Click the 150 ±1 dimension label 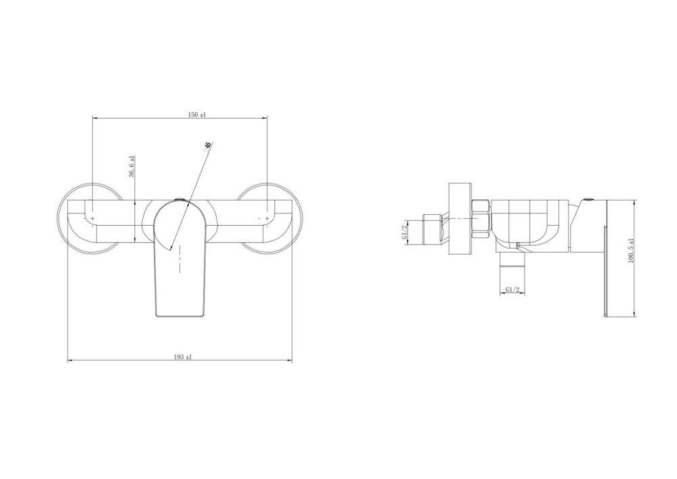pos(197,114)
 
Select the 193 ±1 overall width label pos(183,357)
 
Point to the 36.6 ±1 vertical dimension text pos(132,166)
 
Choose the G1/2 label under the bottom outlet pos(512,290)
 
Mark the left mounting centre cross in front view pos(92,219)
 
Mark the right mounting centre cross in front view pos(267,219)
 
